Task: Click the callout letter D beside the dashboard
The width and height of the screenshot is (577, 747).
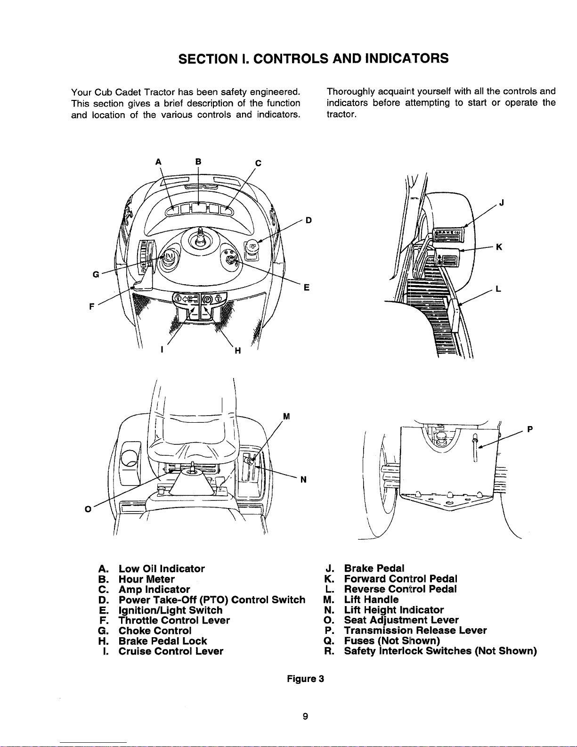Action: point(309,221)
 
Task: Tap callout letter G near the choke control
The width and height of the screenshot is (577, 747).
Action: point(96,275)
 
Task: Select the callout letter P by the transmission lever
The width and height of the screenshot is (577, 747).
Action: point(530,429)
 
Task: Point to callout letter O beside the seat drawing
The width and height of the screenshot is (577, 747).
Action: point(88,509)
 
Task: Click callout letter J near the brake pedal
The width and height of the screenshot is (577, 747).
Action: point(502,203)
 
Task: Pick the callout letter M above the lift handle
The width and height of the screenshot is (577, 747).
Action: point(286,417)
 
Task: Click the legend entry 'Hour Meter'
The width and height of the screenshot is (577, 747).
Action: point(146,579)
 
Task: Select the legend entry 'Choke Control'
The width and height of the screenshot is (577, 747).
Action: point(155,631)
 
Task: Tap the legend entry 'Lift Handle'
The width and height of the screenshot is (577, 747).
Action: point(371,599)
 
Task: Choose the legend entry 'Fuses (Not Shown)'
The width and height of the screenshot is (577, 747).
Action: point(392,641)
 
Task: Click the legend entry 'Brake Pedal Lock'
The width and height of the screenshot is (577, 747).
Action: point(163,641)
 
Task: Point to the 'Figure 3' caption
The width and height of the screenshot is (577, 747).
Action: point(305,679)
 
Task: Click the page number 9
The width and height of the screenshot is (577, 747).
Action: point(305,716)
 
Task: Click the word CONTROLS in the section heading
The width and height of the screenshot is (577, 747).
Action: point(291,58)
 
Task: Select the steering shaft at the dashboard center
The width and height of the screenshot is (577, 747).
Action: point(201,237)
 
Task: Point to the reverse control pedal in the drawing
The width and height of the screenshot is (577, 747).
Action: point(455,316)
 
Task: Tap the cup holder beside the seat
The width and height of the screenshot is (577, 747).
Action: point(130,458)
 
